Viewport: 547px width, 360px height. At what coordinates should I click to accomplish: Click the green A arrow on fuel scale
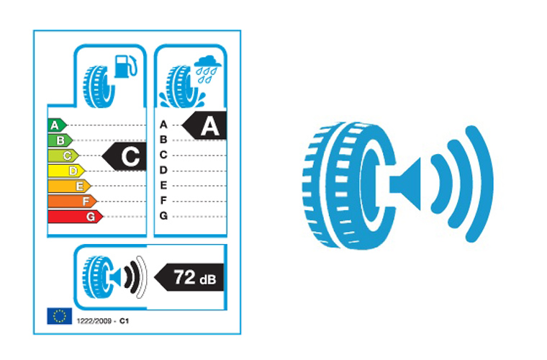57,125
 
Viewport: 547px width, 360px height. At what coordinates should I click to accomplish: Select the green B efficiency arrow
60,140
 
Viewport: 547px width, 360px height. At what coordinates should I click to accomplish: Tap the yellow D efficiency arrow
66,171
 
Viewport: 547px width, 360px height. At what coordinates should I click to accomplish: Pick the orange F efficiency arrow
72,202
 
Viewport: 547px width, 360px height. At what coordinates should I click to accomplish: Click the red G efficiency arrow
76,217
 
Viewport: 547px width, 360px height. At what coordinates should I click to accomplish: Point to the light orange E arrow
69,186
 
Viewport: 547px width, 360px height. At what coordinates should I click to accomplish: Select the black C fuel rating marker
124,156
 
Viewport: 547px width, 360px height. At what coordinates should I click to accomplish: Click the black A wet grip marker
204,125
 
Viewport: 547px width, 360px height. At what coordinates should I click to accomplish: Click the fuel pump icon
126,66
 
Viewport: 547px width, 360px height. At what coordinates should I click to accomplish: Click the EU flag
60,316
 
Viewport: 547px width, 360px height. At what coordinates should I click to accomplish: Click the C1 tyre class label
125,321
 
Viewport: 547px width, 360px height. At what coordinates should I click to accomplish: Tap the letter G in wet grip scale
163,216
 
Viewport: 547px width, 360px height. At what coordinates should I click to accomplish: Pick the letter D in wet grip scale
163,170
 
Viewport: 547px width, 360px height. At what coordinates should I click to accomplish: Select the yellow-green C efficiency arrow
63,156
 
